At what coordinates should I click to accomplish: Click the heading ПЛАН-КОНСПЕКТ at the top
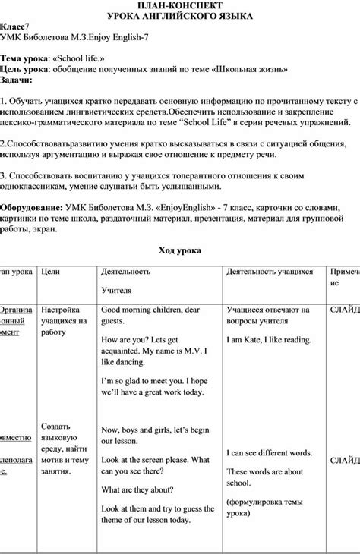pos(180,6)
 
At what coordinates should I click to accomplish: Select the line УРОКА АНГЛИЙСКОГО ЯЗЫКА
pos(180,16)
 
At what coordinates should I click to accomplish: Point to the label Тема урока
pos(24,58)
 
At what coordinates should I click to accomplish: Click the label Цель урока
pos(24,68)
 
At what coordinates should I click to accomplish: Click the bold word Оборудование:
pos(31,207)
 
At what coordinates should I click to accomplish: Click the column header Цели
pos(50,271)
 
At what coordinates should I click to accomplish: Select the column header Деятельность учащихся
pos(270,271)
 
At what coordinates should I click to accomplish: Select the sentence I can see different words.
pos(270,453)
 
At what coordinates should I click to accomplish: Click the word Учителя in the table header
pos(116,290)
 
